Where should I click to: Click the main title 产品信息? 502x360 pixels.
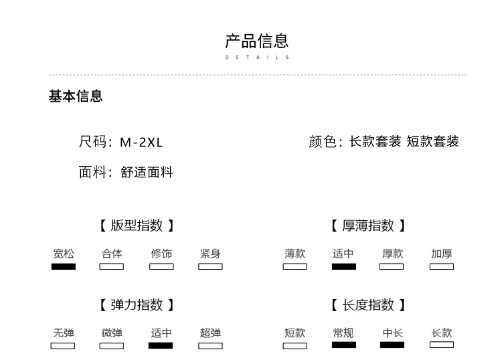(257, 41)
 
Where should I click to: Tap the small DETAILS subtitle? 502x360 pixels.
(257, 58)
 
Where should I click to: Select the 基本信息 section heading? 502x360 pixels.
(76, 96)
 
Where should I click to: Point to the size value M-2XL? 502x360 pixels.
(141, 142)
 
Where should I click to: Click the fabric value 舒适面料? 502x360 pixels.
(147, 172)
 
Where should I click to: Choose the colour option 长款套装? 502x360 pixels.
(375, 141)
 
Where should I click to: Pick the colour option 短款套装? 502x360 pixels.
(432, 141)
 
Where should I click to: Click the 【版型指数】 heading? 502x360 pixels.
(137, 226)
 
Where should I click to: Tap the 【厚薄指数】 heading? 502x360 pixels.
(368, 226)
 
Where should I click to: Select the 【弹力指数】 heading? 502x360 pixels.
(137, 305)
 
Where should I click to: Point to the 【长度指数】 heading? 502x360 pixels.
(368, 305)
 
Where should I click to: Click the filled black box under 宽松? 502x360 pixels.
(64, 266)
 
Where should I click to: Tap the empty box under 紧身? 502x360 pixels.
(210, 266)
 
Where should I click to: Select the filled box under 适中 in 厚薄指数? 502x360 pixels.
(344, 266)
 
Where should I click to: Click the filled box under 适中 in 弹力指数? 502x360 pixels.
(161, 345)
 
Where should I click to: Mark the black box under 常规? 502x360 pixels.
(344, 345)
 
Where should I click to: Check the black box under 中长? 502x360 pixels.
(392, 345)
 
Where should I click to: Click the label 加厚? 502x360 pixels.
(442, 254)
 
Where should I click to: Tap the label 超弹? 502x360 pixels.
(210, 333)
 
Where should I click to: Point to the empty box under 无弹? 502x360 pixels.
(63, 346)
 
